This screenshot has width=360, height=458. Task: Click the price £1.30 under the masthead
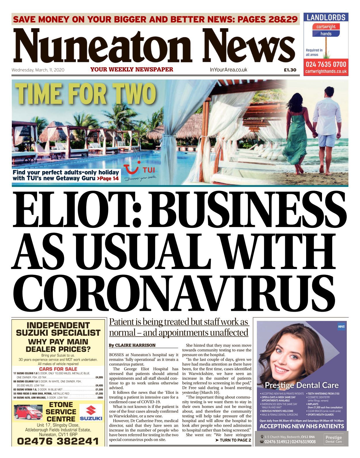click(x=290, y=70)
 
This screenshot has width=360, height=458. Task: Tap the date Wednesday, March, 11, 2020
click(x=38, y=70)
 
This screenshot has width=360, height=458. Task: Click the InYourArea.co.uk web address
click(x=228, y=70)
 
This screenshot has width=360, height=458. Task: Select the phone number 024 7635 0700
click(x=326, y=64)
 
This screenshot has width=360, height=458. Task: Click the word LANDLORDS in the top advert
click(x=326, y=18)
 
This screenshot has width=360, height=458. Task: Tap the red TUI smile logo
click(x=132, y=169)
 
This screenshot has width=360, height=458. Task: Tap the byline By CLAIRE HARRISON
click(x=132, y=345)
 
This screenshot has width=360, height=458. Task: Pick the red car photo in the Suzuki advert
click(x=28, y=412)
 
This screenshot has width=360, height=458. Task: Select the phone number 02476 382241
click(x=58, y=441)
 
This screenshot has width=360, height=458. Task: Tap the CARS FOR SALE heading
click(x=58, y=369)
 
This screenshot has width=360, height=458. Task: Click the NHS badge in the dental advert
click(x=341, y=327)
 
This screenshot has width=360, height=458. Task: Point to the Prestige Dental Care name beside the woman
click(x=302, y=385)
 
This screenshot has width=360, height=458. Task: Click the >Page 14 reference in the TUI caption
click(x=108, y=179)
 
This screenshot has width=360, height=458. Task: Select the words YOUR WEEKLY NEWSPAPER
click(x=132, y=69)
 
